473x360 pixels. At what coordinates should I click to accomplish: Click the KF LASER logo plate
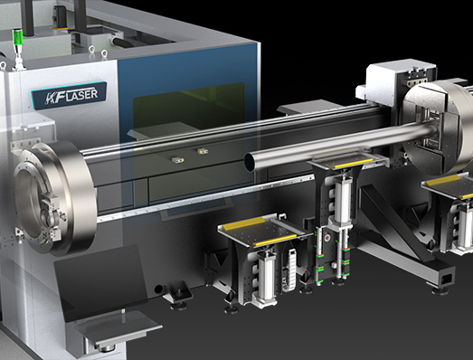pos(69,95)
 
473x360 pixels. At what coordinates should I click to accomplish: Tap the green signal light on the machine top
pos(19,38)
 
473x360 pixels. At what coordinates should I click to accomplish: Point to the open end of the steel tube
pos(250,162)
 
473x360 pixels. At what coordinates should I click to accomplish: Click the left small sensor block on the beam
pos(178,159)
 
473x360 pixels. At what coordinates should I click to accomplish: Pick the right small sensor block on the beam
pos(203,151)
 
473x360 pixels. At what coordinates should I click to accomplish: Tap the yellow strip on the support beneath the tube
pos(352,164)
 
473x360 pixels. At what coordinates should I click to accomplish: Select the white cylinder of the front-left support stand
pos(267,275)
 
